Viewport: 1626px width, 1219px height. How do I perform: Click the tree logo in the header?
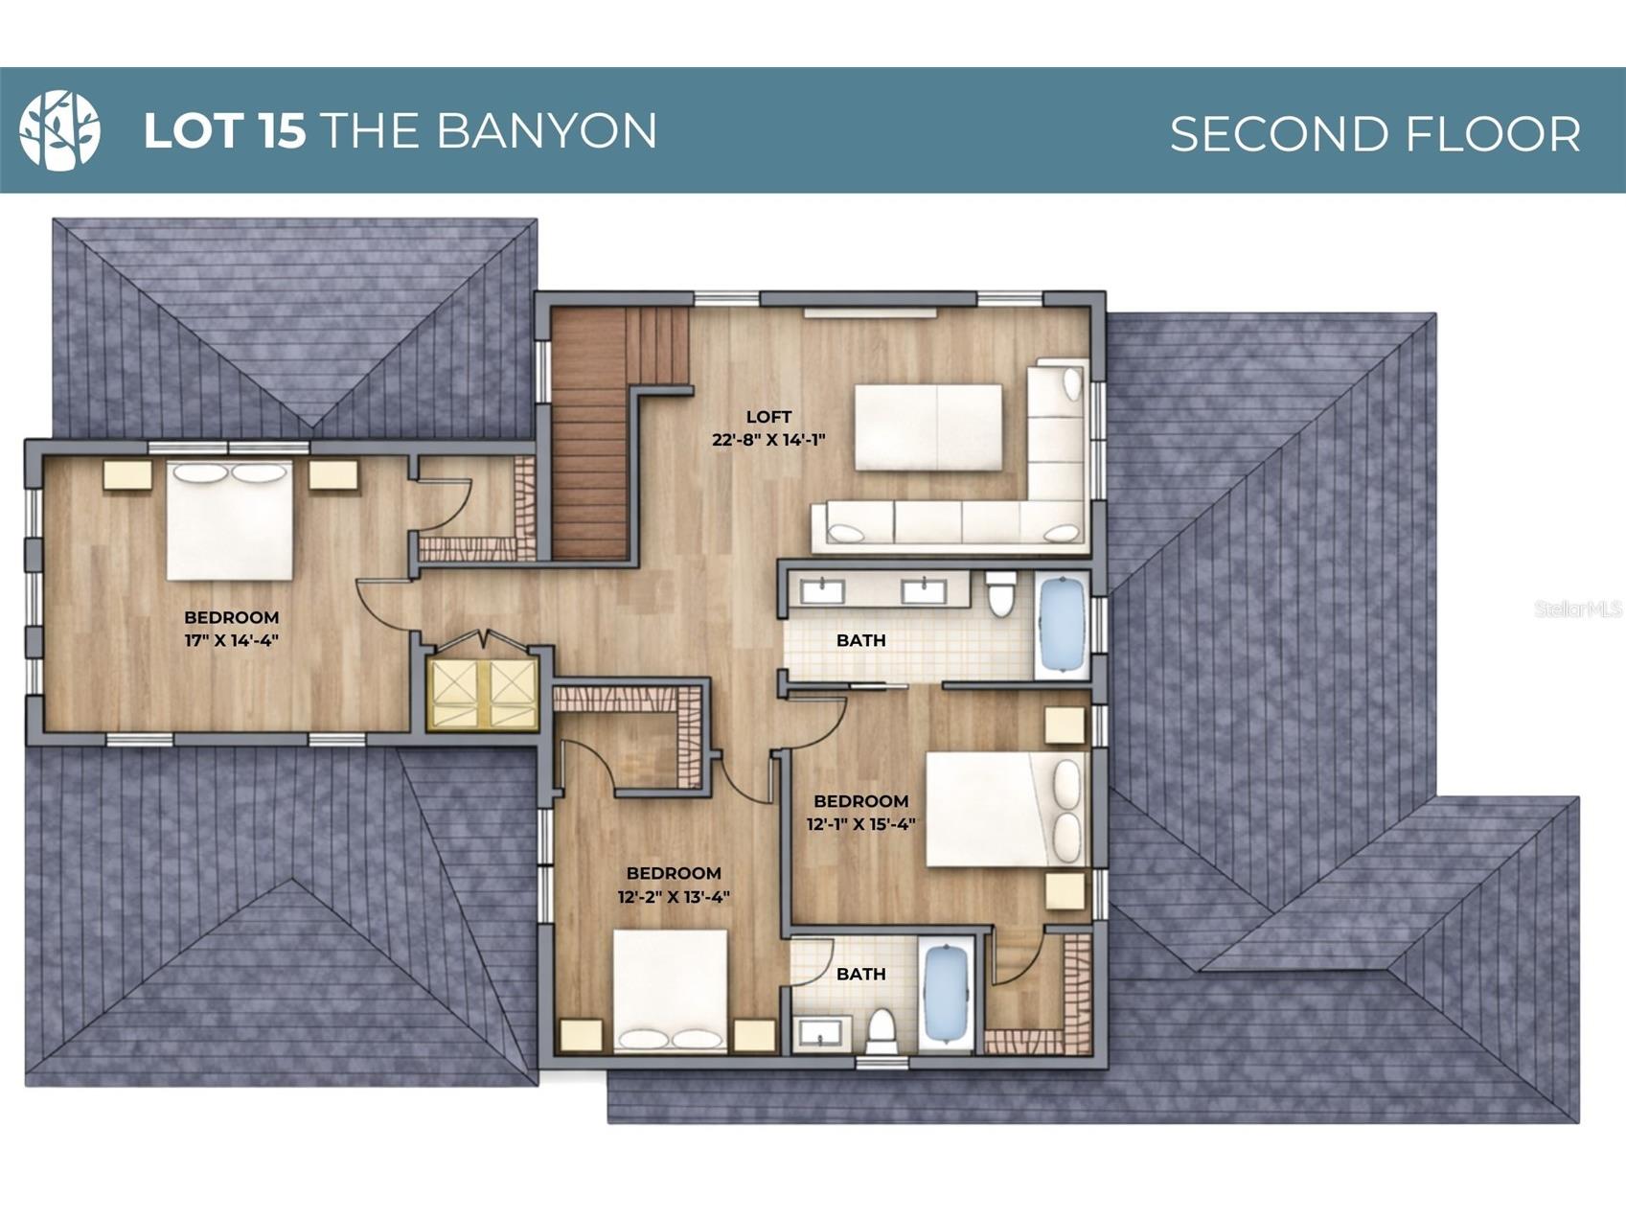tap(59, 130)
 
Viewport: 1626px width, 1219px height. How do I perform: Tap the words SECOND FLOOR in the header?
tap(1375, 133)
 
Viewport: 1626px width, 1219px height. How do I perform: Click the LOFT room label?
tap(768, 417)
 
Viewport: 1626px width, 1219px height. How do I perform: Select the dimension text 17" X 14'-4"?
tap(231, 640)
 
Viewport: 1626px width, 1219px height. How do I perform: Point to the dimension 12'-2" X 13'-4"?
tap(674, 897)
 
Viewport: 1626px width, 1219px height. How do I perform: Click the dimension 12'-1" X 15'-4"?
tap(860, 824)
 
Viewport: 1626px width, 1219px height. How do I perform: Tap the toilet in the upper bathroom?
tap(1000, 593)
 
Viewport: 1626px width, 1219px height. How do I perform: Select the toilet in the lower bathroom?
tap(881, 1031)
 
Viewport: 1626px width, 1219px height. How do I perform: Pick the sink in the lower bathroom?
tap(821, 1033)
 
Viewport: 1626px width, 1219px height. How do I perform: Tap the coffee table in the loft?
tap(928, 427)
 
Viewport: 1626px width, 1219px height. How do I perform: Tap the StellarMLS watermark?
tap(1578, 609)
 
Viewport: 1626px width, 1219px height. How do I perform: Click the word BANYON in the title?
tap(547, 130)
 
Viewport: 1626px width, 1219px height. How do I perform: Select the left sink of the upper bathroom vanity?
tap(822, 590)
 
